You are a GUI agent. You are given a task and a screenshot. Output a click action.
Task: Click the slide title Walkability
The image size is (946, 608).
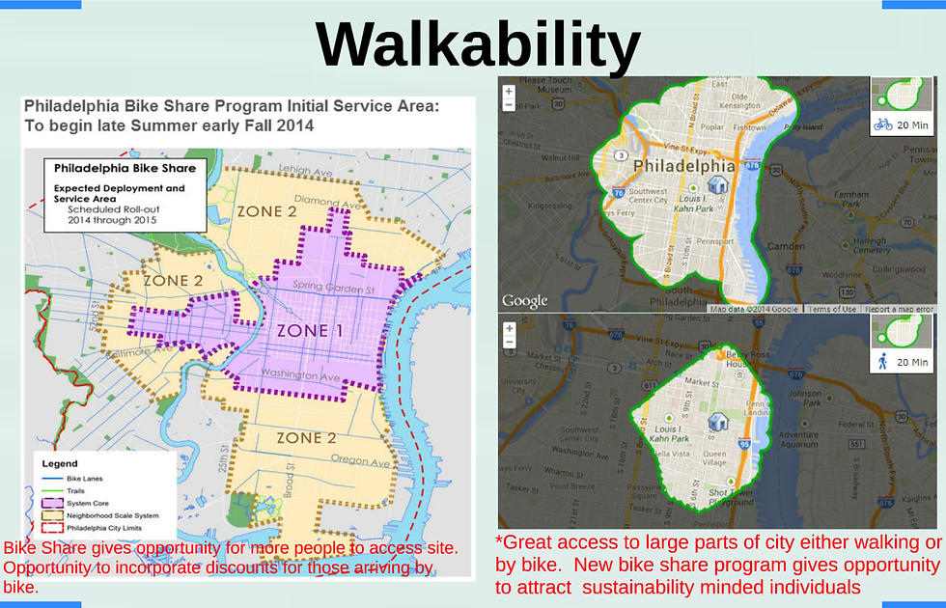click(478, 44)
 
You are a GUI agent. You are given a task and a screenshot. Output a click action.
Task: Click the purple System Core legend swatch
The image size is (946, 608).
click(54, 504)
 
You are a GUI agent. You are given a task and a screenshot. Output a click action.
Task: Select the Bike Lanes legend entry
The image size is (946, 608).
click(85, 479)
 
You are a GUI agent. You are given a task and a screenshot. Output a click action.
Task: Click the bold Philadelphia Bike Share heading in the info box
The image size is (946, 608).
click(125, 168)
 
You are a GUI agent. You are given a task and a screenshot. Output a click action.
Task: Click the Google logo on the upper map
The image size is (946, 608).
click(525, 301)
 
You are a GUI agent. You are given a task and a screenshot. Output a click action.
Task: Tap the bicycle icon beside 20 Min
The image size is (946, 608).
click(882, 124)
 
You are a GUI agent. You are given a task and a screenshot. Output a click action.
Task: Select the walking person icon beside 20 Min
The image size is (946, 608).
click(882, 362)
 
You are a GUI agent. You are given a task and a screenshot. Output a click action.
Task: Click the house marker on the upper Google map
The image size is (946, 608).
click(718, 183)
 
